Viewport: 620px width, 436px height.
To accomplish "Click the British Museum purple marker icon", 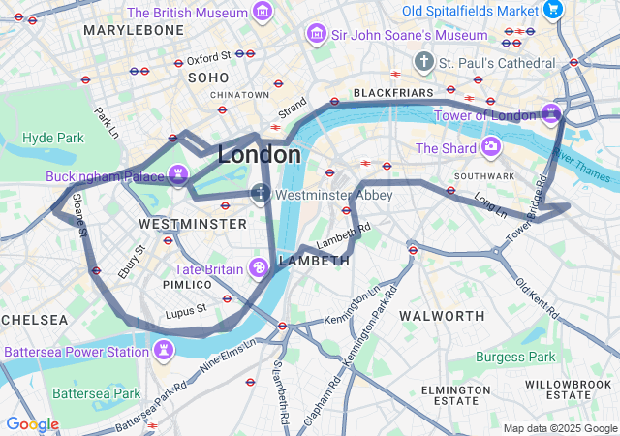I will click(x=262, y=13).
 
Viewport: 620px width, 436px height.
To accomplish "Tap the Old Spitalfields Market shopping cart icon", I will click(x=553, y=10).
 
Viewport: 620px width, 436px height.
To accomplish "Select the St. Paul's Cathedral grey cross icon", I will click(x=423, y=63).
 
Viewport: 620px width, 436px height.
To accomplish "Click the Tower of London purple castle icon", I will click(x=552, y=114).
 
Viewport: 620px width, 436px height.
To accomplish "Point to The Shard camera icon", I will click(x=491, y=147).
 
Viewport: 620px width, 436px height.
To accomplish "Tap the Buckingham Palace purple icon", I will click(x=177, y=174).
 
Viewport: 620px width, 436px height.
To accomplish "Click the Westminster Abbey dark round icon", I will click(x=261, y=194).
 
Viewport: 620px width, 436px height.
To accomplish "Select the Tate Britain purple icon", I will click(x=260, y=267).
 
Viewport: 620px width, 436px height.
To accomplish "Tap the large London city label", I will click(x=259, y=154).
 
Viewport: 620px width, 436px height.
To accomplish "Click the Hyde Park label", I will click(x=53, y=138).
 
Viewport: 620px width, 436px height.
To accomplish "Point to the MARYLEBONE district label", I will click(x=134, y=31).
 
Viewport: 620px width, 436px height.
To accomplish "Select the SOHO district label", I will click(x=208, y=78).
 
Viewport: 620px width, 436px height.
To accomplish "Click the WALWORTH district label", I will click(x=442, y=316).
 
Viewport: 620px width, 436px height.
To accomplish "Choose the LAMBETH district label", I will click(x=314, y=261).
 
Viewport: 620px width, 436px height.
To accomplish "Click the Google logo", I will click(x=32, y=424).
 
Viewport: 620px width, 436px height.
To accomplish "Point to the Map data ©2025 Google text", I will click(x=560, y=428).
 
